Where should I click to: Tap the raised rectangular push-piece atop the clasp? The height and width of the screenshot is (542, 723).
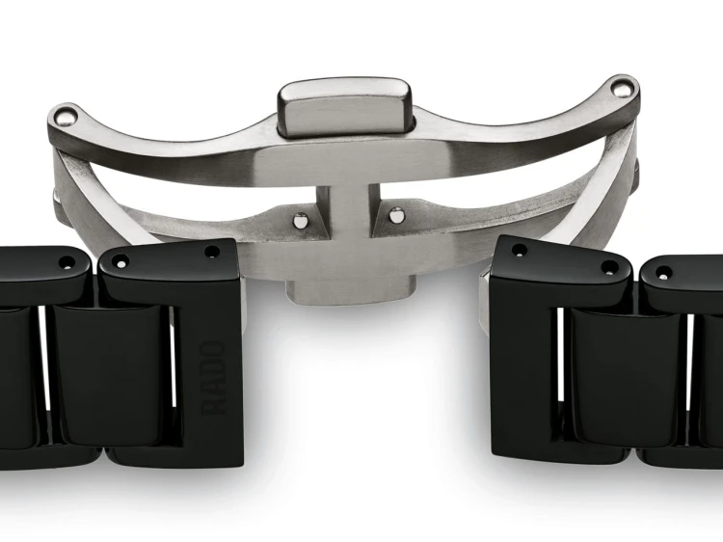tap(344, 107)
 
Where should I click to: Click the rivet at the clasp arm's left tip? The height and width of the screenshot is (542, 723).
tap(67, 116)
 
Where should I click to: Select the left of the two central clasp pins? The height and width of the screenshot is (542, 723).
tap(301, 221)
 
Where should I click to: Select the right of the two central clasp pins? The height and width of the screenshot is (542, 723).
tap(395, 215)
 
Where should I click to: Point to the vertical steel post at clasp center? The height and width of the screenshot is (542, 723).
tap(349, 208)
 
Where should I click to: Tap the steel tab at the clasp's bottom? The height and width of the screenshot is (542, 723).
tap(349, 289)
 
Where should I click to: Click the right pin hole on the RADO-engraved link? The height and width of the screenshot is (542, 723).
tap(212, 252)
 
